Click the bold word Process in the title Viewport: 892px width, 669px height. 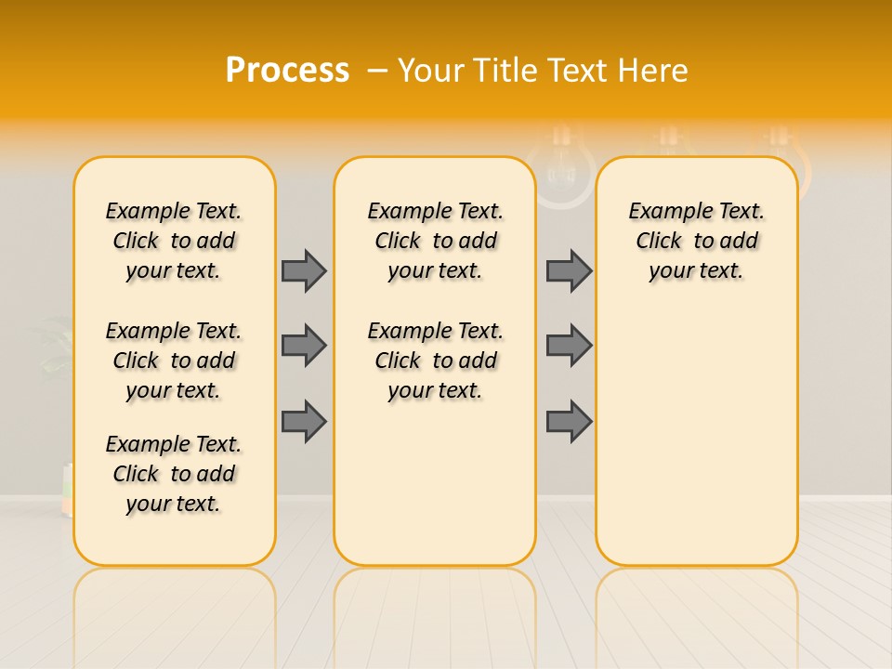287,71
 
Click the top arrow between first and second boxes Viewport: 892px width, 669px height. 304,270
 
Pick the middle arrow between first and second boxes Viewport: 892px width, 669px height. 304,346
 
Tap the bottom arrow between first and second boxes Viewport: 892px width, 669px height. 304,421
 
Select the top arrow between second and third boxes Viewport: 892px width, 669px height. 569,270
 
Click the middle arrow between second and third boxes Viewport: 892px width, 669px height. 569,346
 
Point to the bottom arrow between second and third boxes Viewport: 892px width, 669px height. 569,421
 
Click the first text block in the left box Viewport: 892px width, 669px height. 174,241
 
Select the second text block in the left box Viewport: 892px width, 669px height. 174,361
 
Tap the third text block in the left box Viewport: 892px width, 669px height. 174,474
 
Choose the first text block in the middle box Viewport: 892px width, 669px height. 435,241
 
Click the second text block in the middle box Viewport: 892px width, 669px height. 435,361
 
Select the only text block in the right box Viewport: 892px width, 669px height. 696,241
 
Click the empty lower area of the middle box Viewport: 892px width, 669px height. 435,483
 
